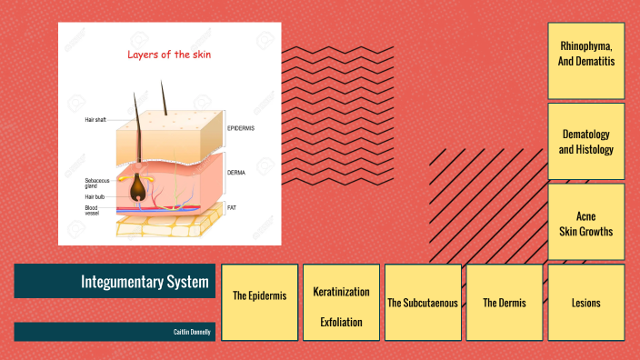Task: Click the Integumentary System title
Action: coord(145,281)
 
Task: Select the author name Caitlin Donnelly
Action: coord(192,332)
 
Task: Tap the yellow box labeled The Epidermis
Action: coord(260,295)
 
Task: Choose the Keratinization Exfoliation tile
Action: coord(341,302)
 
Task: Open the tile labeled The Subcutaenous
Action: coord(422,302)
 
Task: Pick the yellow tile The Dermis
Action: coord(504,302)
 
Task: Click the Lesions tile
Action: coord(585,302)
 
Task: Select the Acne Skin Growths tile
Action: coord(585,223)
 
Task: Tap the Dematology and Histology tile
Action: coord(585,141)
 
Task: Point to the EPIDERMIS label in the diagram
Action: coord(241,128)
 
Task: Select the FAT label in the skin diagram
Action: coord(232,207)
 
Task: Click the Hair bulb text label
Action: coord(95,196)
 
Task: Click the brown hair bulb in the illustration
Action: coord(137,187)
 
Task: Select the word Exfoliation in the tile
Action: coord(341,322)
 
